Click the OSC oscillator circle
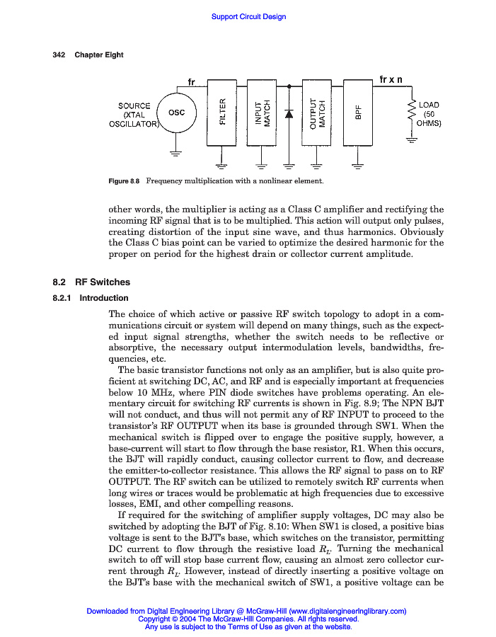177,113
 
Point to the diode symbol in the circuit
289,113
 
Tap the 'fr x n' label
391,79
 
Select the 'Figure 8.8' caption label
125,181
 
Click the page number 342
59,55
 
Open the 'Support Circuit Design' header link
248,16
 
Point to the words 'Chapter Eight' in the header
99,55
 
